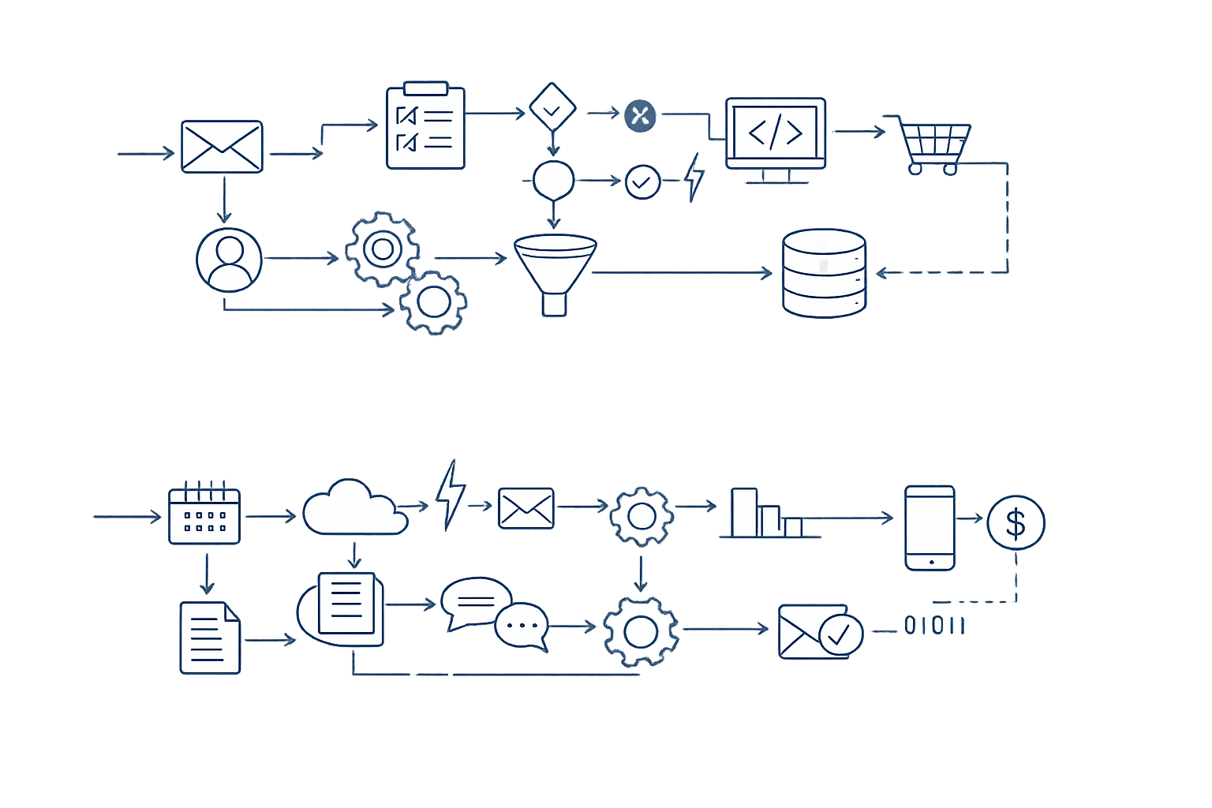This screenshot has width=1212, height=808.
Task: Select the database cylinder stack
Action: click(824, 273)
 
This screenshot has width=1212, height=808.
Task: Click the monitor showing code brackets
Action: click(775, 134)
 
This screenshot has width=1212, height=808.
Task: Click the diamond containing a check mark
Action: click(552, 107)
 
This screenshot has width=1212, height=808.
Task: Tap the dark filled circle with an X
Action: click(640, 116)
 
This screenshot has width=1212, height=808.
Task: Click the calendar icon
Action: click(204, 514)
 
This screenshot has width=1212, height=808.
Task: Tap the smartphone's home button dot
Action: click(930, 562)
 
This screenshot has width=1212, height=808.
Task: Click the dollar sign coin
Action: click(1016, 522)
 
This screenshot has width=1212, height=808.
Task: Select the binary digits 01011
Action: click(934, 626)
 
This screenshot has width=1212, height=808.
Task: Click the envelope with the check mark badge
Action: click(819, 631)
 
